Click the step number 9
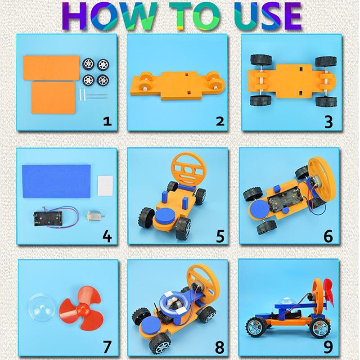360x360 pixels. click(x=329, y=346)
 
